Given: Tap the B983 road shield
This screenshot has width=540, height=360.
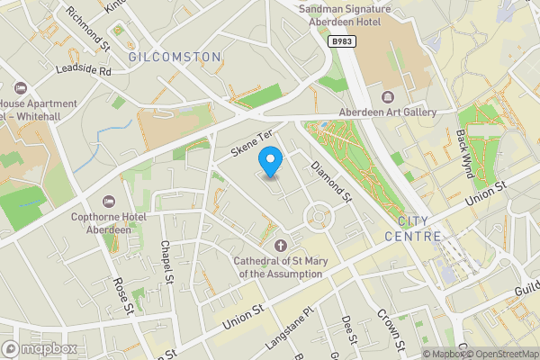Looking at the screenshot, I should (x=341, y=41).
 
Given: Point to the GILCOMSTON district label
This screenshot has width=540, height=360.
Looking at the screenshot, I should (x=175, y=57).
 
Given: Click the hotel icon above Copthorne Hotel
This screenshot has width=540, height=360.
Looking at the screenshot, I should (x=109, y=200).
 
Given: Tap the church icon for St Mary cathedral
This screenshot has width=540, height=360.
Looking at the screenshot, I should (x=279, y=245).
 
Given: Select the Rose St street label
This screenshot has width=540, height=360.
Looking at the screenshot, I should (x=122, y=295).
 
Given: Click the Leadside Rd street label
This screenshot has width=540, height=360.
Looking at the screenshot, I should (x=83, y=70).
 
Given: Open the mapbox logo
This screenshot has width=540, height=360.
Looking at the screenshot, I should (x=39, y=348).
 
